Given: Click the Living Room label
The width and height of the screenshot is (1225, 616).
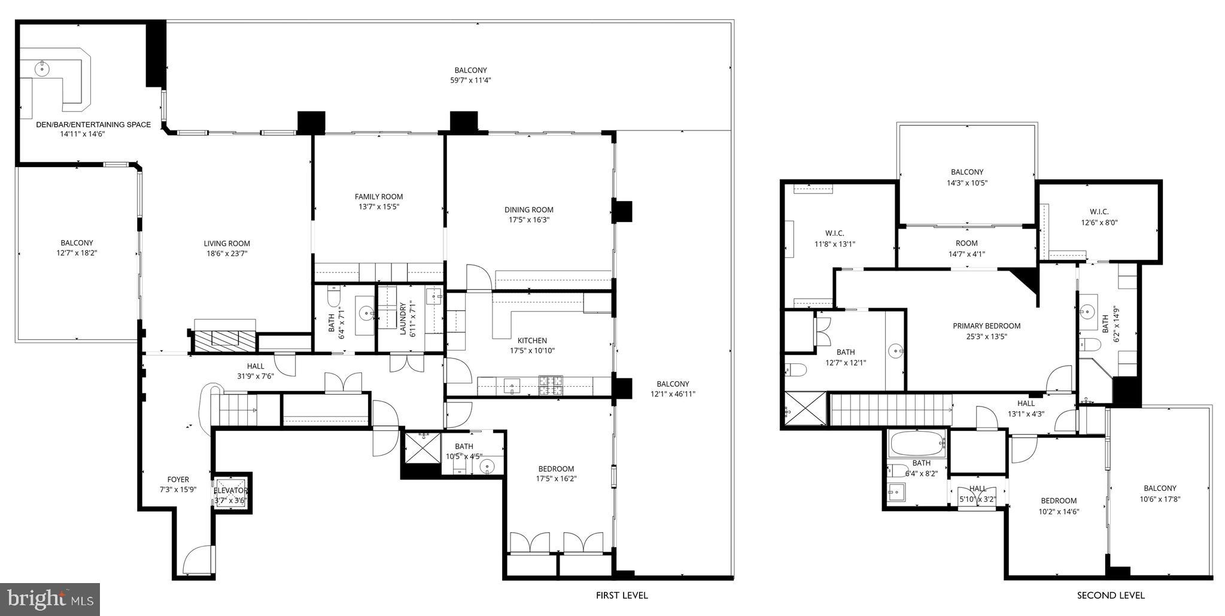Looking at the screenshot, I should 226,244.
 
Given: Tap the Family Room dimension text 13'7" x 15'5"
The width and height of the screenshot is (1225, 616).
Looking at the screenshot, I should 378,207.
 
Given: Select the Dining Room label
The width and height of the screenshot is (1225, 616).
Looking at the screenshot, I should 528,210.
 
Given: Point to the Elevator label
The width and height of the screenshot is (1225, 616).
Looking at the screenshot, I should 230,491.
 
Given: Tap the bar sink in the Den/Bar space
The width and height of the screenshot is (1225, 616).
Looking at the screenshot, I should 41,69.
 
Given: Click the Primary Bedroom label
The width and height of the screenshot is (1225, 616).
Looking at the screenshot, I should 986,326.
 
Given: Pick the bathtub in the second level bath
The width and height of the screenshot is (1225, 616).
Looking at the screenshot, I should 916,444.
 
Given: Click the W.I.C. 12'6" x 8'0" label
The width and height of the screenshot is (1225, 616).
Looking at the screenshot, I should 1099,212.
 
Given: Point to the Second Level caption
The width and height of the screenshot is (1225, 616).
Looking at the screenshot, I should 1110,596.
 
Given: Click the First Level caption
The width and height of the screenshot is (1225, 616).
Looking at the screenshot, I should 621,596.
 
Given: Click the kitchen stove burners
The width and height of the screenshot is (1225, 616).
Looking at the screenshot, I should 551,385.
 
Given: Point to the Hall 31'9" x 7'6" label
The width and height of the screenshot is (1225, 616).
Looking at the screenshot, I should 255,366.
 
